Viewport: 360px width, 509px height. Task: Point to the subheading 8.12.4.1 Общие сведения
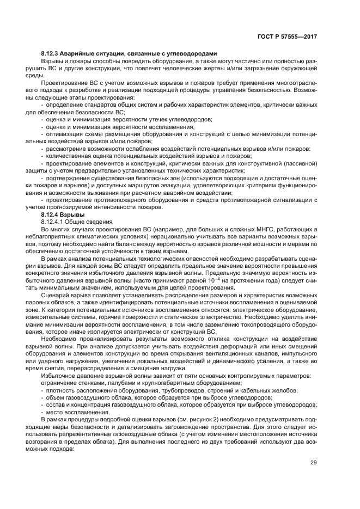click(x=76, y=222)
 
